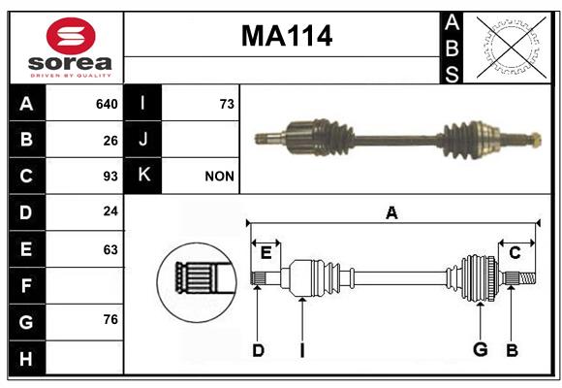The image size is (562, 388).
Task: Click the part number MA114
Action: point(287,36)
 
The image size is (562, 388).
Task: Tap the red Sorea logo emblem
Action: point(71,36)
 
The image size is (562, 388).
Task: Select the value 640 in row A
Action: point(107,104)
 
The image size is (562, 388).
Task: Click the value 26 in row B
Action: point(110,141)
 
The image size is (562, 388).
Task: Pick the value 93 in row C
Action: point(110,177)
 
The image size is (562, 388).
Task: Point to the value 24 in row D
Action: point(110,211)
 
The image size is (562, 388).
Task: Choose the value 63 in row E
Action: point(110,249)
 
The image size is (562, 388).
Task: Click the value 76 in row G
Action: point(110,319)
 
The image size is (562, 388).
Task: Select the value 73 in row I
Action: point(227,104)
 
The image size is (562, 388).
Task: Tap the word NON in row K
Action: point(219,177)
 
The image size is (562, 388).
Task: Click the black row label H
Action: point(27,358)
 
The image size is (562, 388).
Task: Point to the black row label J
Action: point(142,140)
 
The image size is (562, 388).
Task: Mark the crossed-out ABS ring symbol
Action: point(512,48)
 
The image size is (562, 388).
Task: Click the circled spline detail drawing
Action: point(197,282)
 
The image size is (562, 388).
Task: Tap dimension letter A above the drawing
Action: point(391,213)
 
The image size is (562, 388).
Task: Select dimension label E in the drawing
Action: point(265,253)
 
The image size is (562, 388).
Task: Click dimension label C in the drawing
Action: point(515,253)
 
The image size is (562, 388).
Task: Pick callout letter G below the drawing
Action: point(481,349)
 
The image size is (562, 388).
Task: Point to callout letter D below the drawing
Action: point(258,350)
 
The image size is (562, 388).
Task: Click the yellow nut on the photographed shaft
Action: point(535,140)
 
